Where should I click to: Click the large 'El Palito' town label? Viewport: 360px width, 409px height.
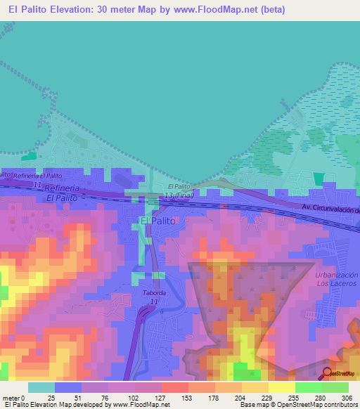coord(157,221)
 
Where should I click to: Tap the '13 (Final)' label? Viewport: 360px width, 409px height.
coord(179,195)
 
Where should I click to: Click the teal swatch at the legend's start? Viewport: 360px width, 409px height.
coord(41,387)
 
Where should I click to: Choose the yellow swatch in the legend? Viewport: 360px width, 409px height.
coord(281,387)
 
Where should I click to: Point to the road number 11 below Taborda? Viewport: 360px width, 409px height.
coord(153,301)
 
